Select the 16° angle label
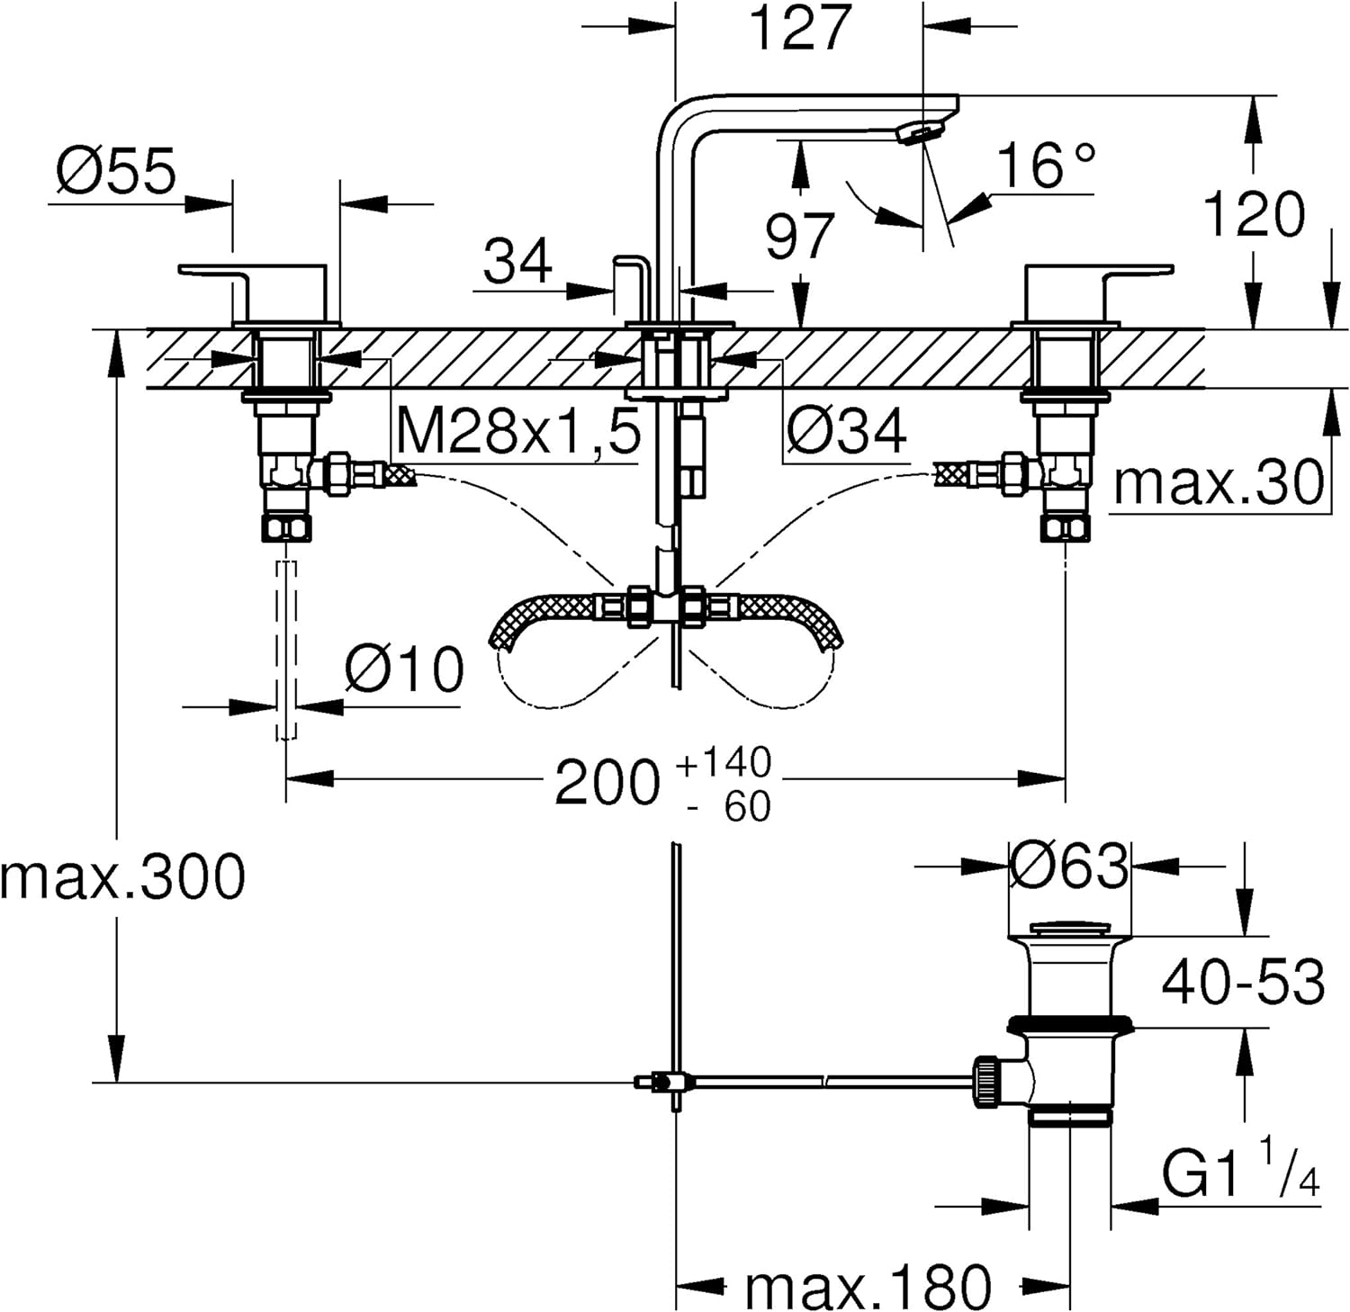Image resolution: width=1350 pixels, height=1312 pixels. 1046,164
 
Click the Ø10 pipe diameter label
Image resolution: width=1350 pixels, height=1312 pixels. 404,669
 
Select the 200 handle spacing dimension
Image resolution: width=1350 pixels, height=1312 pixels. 607,782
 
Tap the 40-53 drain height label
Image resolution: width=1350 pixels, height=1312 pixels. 1243,981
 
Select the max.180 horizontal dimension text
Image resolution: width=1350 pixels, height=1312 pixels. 868,1286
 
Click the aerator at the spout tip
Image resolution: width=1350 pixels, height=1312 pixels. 920,133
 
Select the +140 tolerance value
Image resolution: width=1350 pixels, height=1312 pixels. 724,762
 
